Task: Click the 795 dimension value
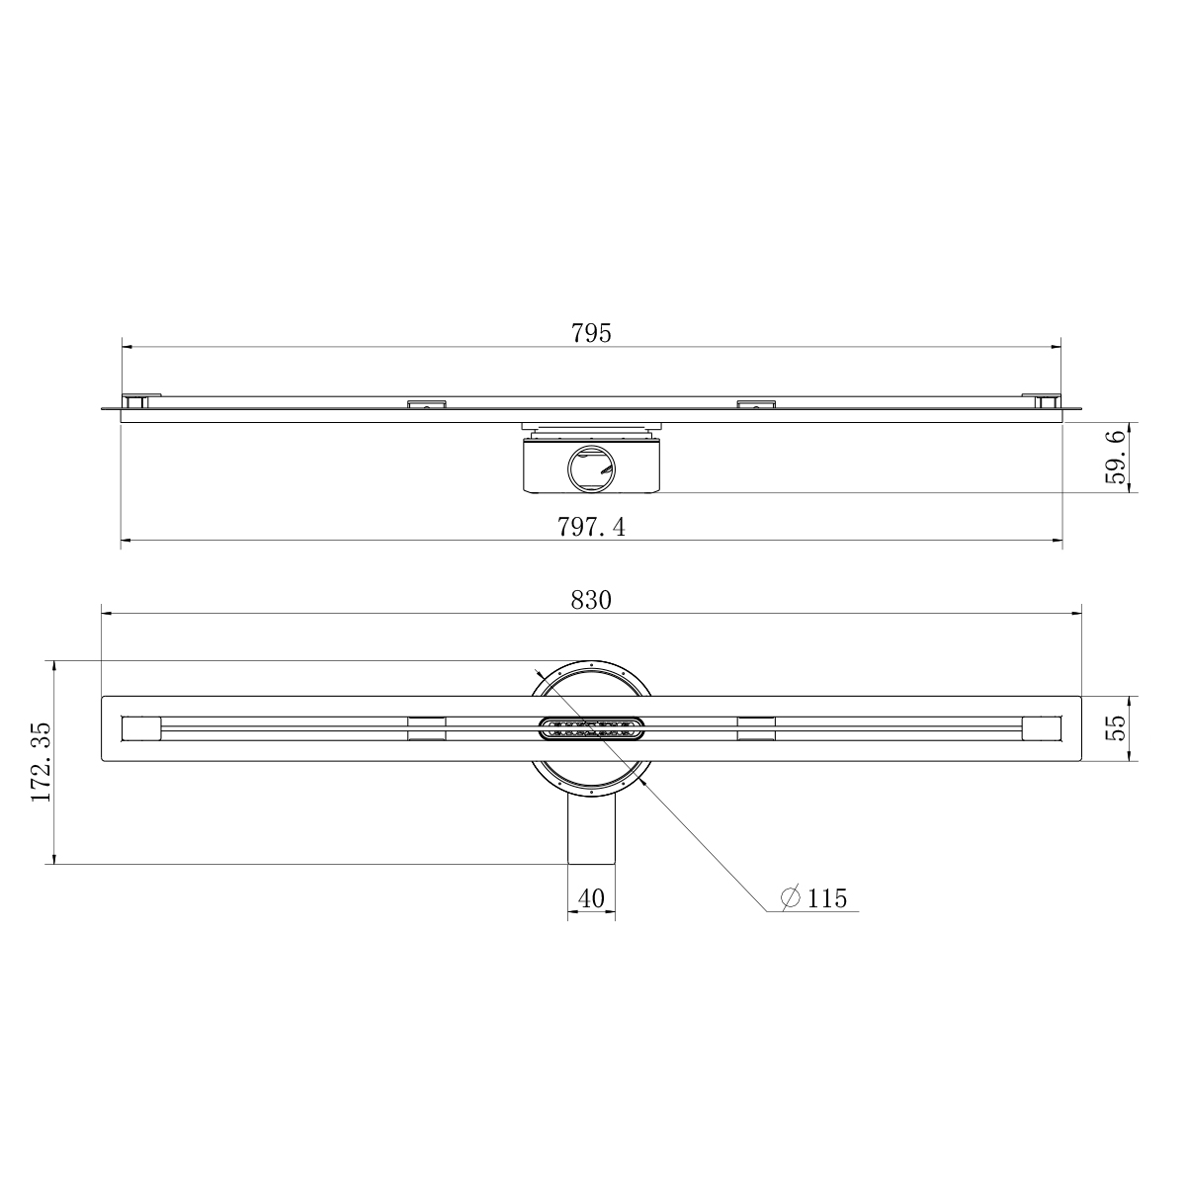[x=591, y=333]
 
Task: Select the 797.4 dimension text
[x=591, y=527]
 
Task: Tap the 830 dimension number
[x=591, y=600]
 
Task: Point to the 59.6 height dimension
[x=1115, y=458]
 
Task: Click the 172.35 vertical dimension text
[x=41, y=762]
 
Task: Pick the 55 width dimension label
[x=1116, y=728]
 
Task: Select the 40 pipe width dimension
[x=591, y=898]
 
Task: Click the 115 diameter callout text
[x=827, y=898]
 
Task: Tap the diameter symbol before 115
[x=791, y=898]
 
